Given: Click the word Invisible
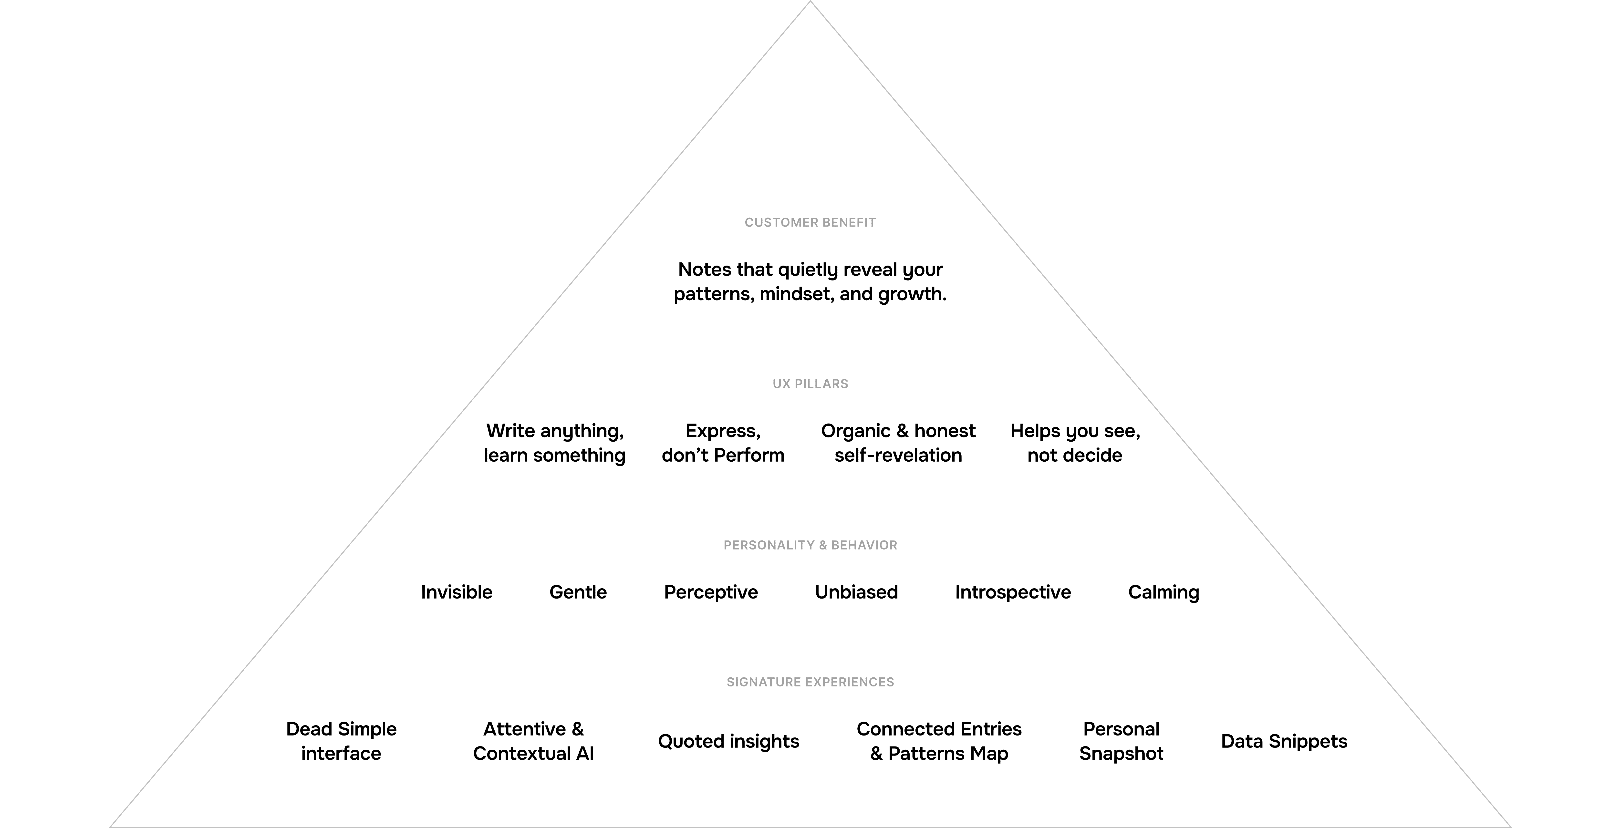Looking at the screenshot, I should pos(456,592).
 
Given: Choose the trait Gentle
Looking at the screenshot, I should pos(578,592).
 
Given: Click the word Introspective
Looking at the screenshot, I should pos(1012,592).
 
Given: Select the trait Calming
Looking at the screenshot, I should pos(1164,592).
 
